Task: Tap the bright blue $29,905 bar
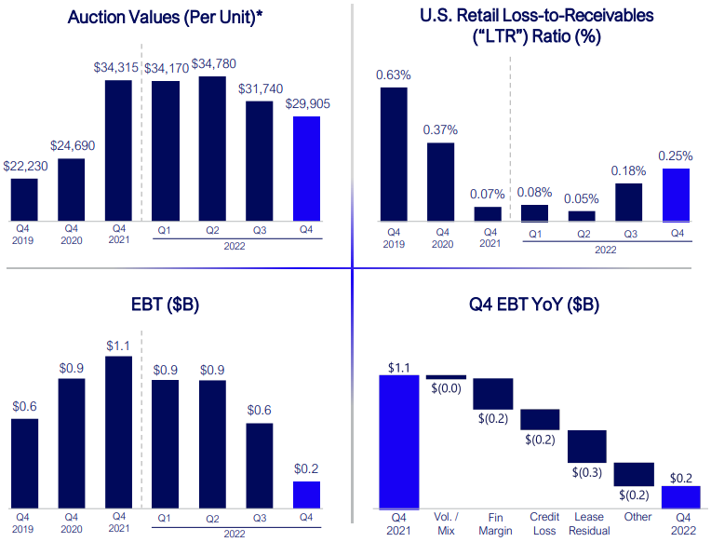307,169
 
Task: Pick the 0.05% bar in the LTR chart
582,215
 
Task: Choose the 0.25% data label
676,155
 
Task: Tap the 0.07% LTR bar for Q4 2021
488,213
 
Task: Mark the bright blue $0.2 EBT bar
307,495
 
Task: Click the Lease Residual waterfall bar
587,446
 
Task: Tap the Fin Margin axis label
493,522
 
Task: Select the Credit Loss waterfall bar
540,419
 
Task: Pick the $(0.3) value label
587,472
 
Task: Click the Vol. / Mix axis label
446,522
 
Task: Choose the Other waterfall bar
634,474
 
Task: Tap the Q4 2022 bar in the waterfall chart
680,497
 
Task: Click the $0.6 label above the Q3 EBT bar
260,411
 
